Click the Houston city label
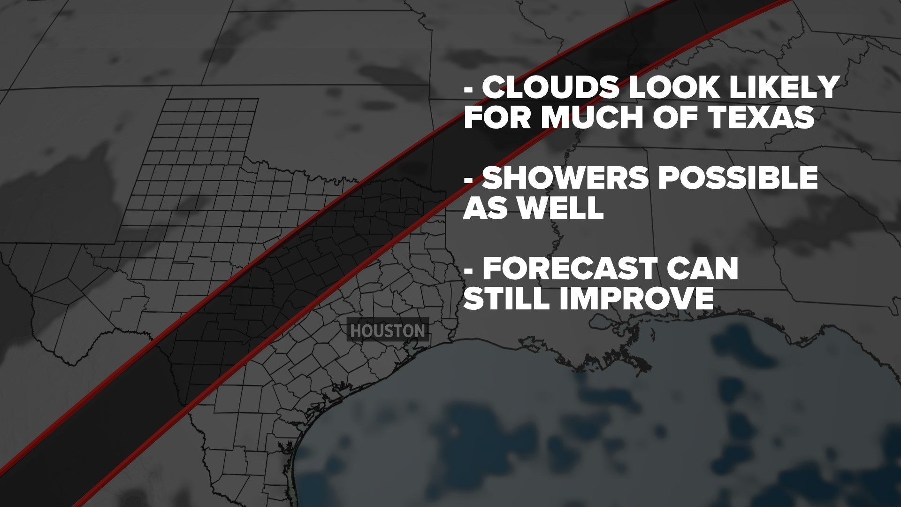coord(388,330)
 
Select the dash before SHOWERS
coord(468,179)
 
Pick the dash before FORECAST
coord(468,270)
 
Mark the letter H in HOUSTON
coord(356,331)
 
